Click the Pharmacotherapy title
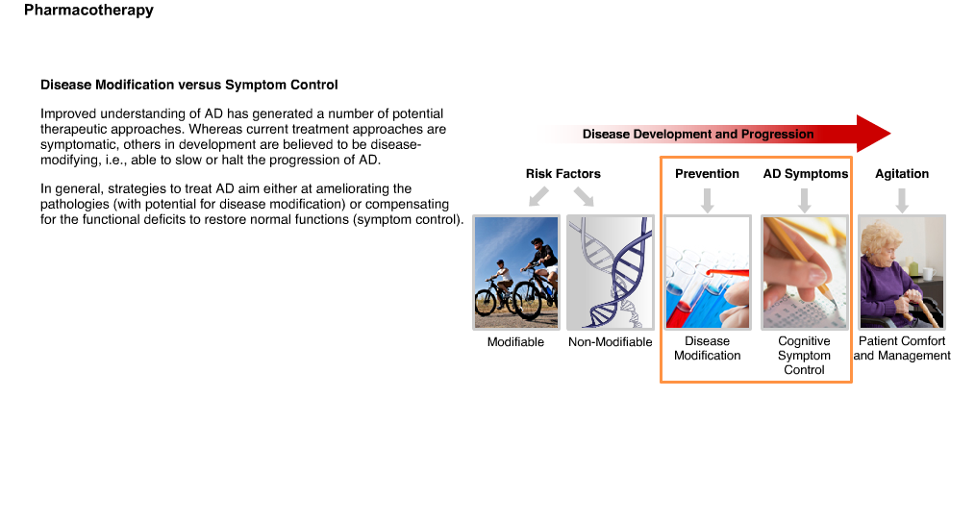click(88, 10)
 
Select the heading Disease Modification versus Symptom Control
click(189, 86)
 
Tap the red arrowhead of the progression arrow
click(873, 133)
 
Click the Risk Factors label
click(563, 174)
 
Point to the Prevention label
click(707, 174)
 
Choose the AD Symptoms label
click(805, 174)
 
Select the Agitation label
click(902, 174)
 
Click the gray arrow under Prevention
click(707, 200)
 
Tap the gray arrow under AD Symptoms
click(804, 200)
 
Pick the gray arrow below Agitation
click(902, 200)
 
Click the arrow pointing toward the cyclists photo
click(538, 196)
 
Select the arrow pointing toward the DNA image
click(584, 196)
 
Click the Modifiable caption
click(515, 342)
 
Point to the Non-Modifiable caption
click(610, 342)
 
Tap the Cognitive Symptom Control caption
click(804, 356)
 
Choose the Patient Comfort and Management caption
click(902, 348)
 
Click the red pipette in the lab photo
click(727, 273)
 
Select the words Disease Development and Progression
click(698, 135)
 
